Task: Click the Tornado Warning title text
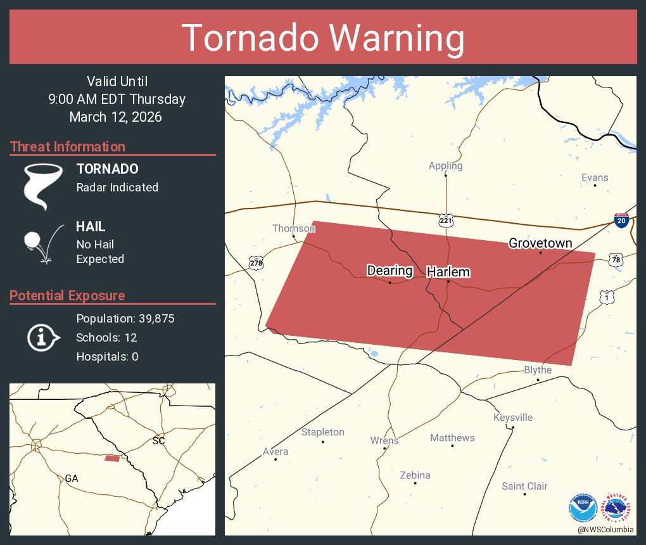(323, 38)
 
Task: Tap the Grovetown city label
(540, 243)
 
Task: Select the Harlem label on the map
(448, 272)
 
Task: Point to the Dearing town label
(389, 271)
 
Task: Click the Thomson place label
(293, 228)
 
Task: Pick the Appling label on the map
(445, 166)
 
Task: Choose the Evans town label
(595, 177)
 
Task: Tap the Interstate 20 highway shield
(621, 221)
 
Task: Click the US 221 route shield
(446, 221)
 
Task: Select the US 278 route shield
(255, 262)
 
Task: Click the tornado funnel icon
(43, 186)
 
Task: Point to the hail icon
(42, 243)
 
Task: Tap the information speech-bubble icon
(42, 337)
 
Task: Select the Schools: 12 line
(106, 337)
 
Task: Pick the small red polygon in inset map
(111, 458)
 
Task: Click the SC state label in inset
(158, 440)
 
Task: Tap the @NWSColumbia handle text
(605, 529)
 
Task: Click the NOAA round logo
(583, 507)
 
